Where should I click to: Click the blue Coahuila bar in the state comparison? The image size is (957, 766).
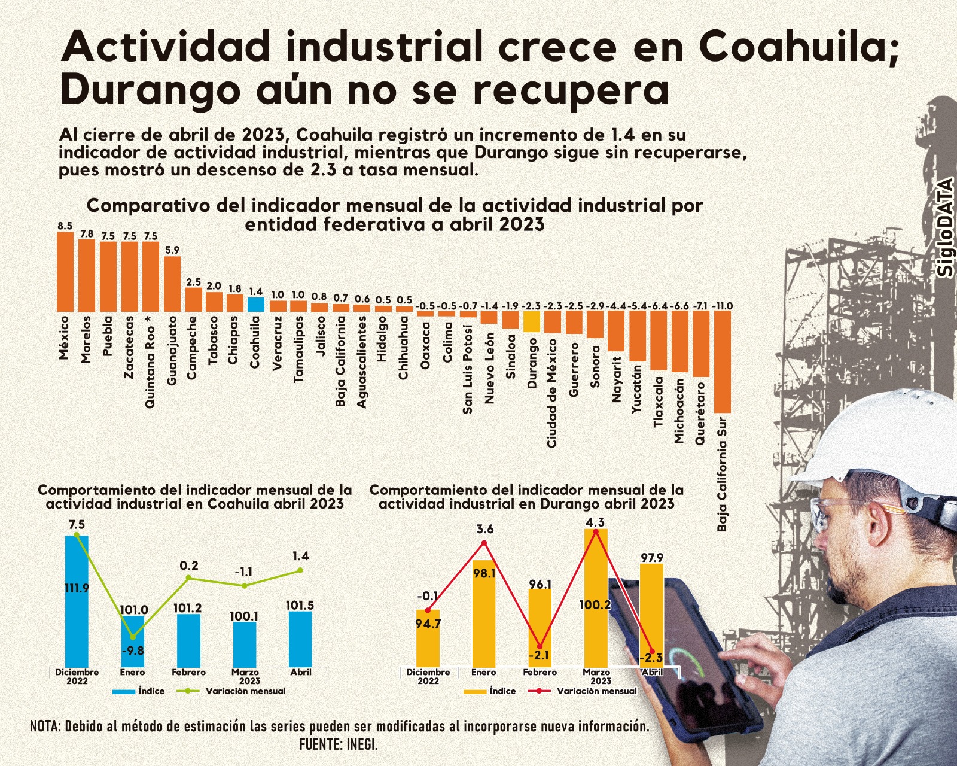coord(256,304)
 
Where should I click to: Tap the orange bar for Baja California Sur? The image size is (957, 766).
coord(723,361)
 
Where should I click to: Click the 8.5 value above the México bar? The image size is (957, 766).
coord(65,226)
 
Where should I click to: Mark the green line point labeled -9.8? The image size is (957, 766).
coord(133,637)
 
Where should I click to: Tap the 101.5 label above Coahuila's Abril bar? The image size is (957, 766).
coord(300,606)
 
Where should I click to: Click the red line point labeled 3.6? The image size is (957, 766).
coord(484,543)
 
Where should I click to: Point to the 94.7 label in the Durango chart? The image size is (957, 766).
coord(428,624)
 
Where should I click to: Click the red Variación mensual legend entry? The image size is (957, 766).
coord(583,691)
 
